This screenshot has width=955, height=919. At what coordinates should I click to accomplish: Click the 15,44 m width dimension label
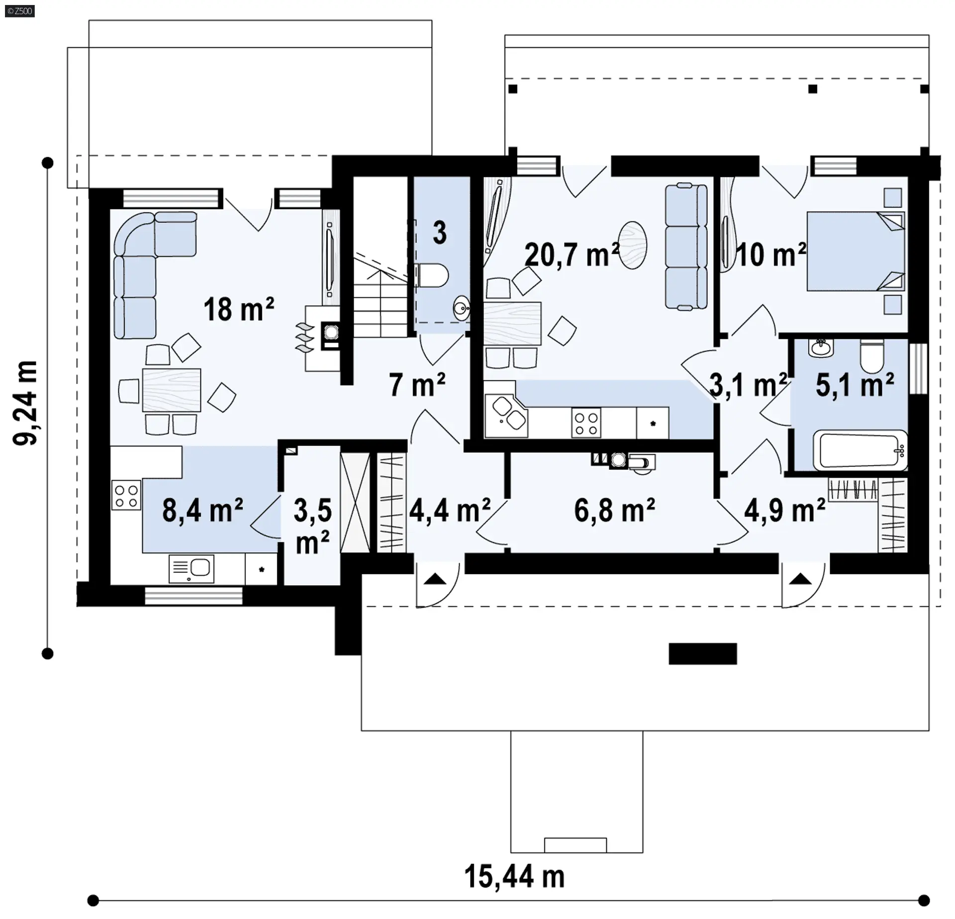click(514, 876)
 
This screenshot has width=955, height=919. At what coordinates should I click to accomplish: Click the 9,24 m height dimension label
click(25, 403)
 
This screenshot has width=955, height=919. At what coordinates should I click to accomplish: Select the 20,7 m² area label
click(572, 254)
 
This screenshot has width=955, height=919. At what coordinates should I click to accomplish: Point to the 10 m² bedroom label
click(770, 254)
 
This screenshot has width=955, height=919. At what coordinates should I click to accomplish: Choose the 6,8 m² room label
click(614, 510)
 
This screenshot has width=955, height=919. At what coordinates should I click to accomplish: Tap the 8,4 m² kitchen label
click(202, 510)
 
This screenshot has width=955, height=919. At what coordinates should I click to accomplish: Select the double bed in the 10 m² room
click(855, 251)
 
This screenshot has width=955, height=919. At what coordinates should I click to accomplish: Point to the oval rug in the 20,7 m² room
click(633, 245)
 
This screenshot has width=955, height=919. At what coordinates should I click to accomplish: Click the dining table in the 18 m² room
click(172, 390)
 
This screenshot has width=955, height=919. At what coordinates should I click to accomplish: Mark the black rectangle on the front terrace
click(702, 654)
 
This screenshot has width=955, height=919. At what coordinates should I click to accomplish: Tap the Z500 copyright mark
click(20, 11)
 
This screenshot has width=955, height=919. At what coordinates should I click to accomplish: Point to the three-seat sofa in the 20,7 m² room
click(686, 246)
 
